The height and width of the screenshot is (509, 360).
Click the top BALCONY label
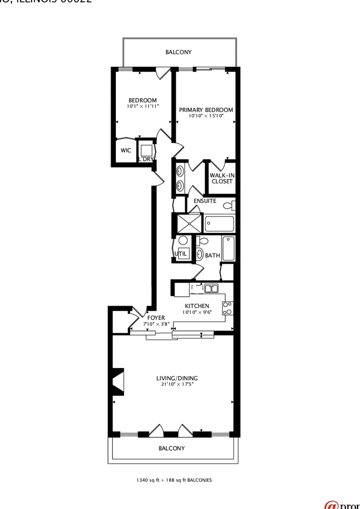178,52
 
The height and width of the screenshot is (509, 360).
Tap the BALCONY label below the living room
172,448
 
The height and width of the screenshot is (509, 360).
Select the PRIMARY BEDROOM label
206,110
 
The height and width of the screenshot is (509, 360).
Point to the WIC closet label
126,151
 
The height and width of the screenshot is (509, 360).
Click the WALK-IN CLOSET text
222,178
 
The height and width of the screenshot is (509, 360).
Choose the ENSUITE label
205,201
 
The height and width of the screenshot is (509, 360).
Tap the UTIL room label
181,254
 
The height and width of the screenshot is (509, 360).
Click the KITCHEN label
197,306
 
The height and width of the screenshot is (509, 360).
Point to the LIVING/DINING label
177,378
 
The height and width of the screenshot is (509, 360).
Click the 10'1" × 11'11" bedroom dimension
143,107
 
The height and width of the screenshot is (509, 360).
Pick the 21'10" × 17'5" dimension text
177,384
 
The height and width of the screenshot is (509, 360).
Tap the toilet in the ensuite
228,205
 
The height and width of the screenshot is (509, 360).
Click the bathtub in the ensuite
220,223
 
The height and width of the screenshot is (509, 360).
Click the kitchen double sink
211,288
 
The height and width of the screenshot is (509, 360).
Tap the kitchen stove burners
228,308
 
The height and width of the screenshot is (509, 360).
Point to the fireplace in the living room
117,381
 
